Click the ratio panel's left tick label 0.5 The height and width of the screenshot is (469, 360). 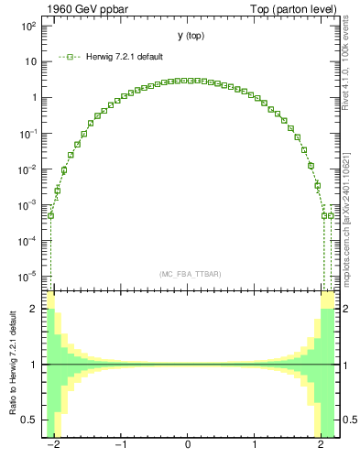click(30, 420)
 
